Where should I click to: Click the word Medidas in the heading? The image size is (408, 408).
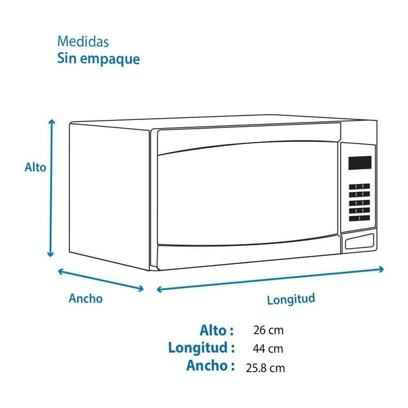83,41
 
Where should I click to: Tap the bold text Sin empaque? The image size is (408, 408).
99,59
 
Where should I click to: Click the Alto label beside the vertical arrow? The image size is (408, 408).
35,167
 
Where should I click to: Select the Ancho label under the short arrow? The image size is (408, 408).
85,299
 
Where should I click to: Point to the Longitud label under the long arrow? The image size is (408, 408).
291,299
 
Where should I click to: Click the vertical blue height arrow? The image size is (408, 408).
51,188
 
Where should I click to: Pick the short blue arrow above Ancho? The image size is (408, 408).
101,280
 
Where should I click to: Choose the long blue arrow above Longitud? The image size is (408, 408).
271,279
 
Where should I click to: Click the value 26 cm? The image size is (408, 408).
269,331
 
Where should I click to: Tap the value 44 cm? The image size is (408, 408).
268,349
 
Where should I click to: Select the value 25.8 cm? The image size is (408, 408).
265,368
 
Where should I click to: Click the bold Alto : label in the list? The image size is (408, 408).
217,331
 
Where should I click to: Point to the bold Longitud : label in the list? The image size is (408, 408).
201,348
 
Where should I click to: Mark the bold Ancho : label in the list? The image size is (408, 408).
211,365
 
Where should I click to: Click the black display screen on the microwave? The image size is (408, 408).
360,163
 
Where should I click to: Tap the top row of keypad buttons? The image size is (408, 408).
359,187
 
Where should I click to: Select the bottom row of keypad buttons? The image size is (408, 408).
359,218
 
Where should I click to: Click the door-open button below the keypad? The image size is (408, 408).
359,241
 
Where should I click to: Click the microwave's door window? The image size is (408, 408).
248,194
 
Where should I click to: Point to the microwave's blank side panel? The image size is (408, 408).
109,196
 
